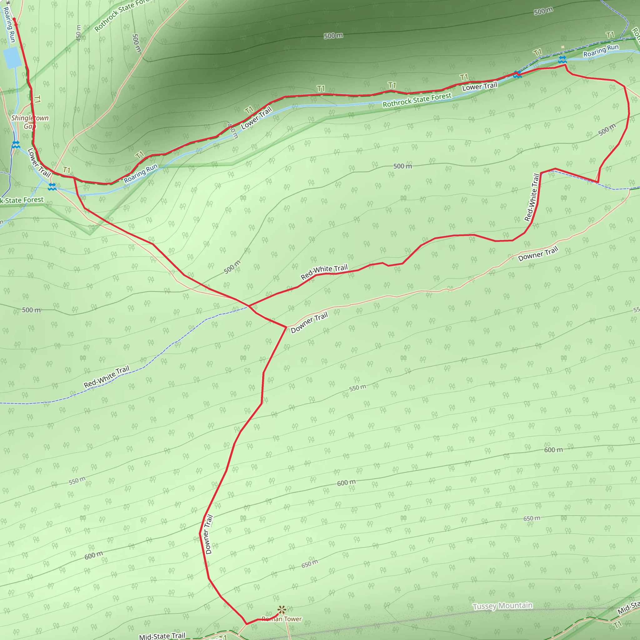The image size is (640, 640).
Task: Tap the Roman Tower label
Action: click(x=282, y=619)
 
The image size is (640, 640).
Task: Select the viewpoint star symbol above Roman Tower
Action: click(x=282, y=609)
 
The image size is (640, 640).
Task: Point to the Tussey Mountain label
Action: click(x=502, y=606)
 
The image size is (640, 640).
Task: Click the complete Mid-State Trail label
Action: click(x=162, y=636)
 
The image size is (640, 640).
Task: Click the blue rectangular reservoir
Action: click(x=12, y=57)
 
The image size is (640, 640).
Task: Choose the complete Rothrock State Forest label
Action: click(x=417, y=100)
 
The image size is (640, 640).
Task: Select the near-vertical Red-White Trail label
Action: click(x=532, y=197)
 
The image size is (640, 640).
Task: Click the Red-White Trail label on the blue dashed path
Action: click(x=106, y=377)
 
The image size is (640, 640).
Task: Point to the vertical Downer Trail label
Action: click(x=209, y=534)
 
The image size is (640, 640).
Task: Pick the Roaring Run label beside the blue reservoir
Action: click(x=9, y=25)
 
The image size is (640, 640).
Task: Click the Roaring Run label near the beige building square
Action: click(x=601, y=50)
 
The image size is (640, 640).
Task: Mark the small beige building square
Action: click(x=562, y=47)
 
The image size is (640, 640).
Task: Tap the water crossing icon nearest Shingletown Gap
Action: click(x=16, y=145)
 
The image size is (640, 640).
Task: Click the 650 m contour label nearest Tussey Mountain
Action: click(x=532, y=518)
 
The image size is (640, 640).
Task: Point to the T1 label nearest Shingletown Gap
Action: click(x=37, y=99)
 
